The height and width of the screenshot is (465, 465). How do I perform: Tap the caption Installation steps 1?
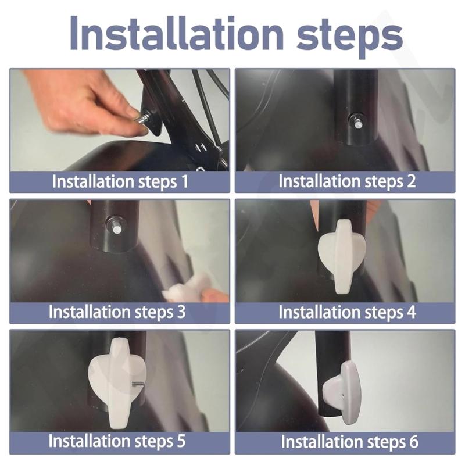point(120,181)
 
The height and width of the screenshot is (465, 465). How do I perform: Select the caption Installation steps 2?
point(347,181)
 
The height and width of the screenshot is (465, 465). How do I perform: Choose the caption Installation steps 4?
point(347,312)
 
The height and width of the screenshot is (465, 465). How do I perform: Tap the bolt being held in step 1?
point(142,119)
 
